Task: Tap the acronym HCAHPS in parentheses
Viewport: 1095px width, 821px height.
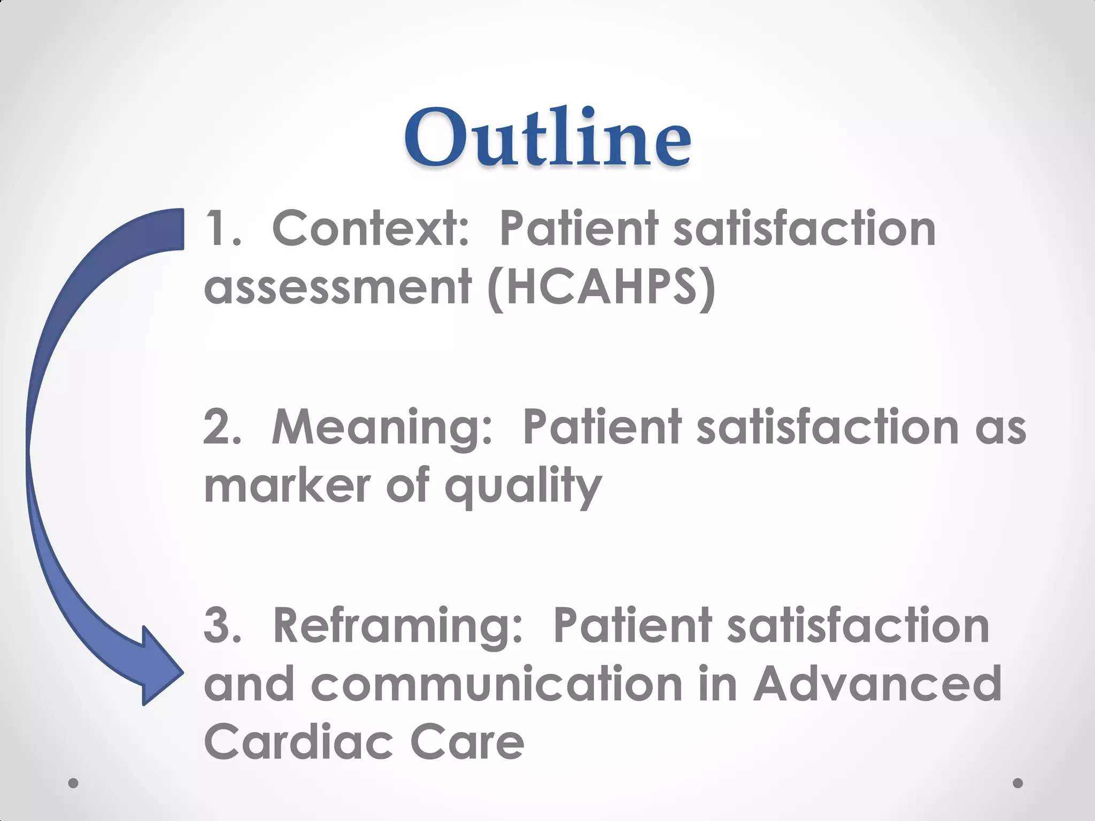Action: (x=601, y=288)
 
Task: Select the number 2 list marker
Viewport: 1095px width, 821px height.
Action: (x=221, y=428)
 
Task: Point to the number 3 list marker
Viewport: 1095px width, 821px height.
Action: (x=221, y=626)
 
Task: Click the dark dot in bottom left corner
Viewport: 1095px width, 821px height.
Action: (x=74, y=783)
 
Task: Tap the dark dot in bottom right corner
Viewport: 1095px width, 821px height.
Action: (x=1018, y=783)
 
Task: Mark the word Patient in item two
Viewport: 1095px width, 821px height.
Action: (x=601, y=428)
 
